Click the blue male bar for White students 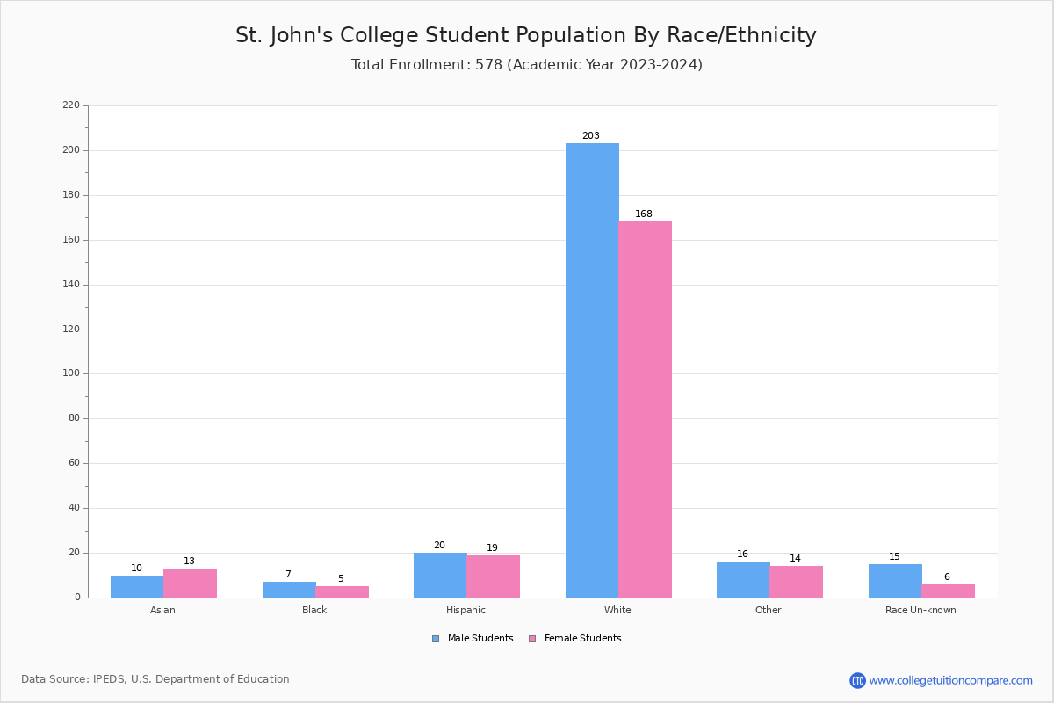coord(592,369)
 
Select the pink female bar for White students coord(645,409)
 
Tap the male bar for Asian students coord(137,586)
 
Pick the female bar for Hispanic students coord(493,576)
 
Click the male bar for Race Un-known coord(895,581)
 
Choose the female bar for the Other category coord(796,581)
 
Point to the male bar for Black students coord(289,590)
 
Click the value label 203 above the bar coord(591,136)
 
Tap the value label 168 coord(644,214)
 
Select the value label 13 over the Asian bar coord(189,562)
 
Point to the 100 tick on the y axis coord(71,373)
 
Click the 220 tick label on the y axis coord(71,105)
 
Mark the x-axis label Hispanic coord(466,610)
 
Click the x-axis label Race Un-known coord(920,610)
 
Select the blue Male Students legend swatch coord(436,639)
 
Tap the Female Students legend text coord(582,639)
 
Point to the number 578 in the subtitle coord(487,65)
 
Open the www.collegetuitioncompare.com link coord(950,680)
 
